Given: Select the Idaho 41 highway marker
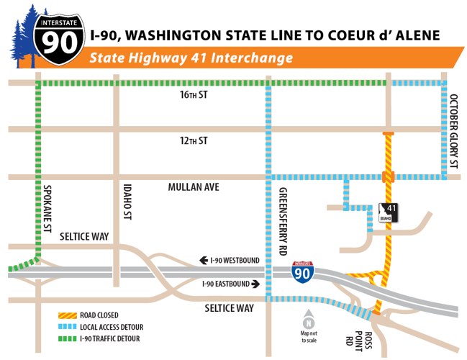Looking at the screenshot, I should click(388, 213).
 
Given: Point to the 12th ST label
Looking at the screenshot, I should click(194, 140).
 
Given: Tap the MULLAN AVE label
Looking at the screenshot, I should click(194, 187).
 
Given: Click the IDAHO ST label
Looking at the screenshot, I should click(130, 204).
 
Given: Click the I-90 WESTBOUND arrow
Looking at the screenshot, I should click(205, 260).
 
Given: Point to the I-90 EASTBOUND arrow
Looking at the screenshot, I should click(255, 284).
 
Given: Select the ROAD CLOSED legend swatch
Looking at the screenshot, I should click(68, 315).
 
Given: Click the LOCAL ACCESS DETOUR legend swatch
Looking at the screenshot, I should click(68, 326).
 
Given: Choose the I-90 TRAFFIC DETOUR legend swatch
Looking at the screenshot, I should click(68, 338).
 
